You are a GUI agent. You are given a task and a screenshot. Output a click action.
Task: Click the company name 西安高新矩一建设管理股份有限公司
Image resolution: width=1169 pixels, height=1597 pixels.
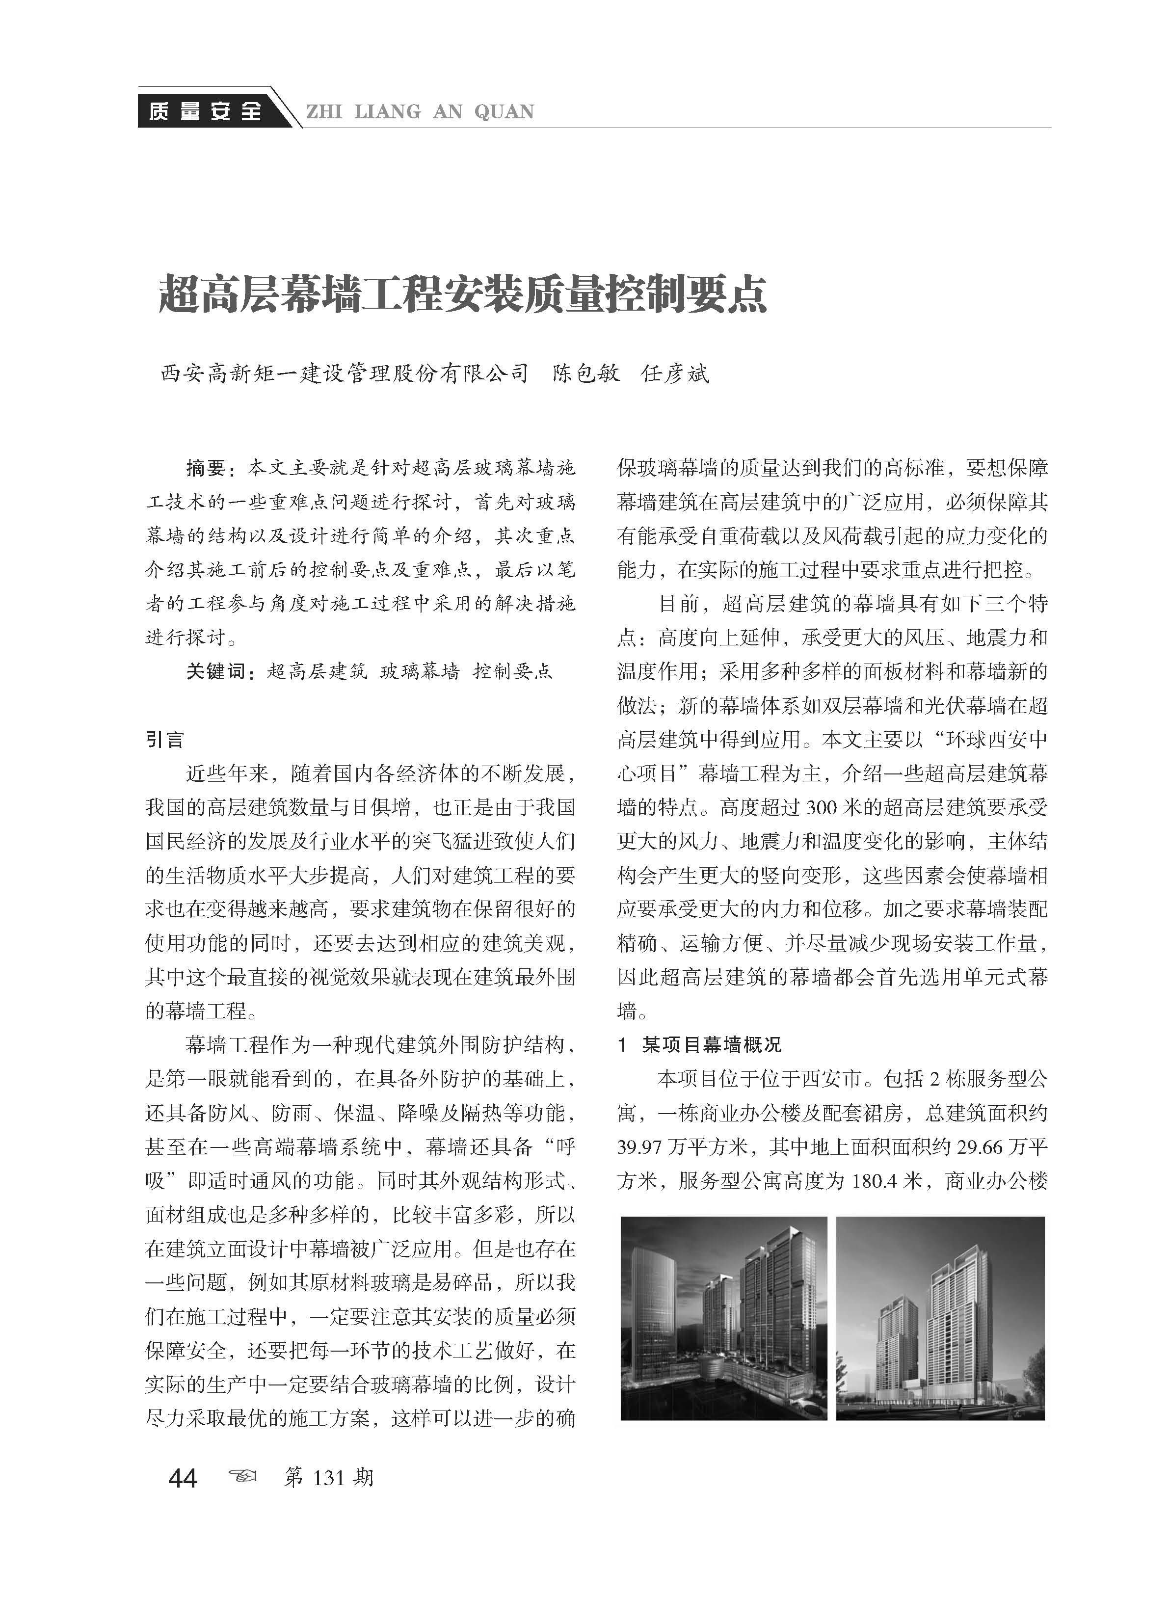(345, 373)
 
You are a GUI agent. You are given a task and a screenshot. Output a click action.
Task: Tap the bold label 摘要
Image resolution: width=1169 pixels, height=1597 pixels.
(205, 468)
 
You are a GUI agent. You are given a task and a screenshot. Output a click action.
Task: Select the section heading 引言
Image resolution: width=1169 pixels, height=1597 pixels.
(165, 740)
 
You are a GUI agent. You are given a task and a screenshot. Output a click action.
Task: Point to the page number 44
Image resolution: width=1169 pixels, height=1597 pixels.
(183, 1478)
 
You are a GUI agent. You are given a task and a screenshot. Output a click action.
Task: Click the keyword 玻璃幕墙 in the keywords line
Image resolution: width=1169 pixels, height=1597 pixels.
(420, 671)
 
